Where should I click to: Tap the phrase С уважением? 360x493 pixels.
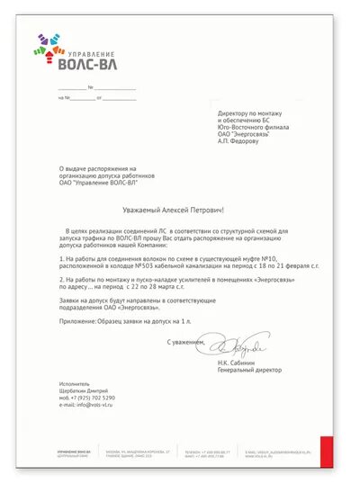[184, 342]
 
